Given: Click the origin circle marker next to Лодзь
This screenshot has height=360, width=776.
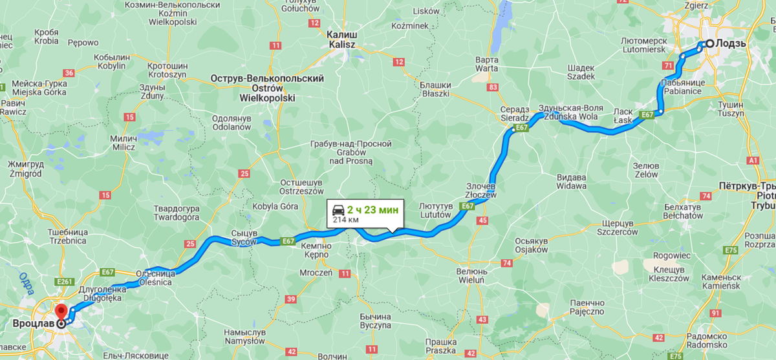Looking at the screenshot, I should pyautogui.click(x=701, y=44).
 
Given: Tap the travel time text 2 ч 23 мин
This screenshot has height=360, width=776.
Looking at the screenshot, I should pyautogui.click(x=373, y=209).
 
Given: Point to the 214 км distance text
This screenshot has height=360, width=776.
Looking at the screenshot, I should pyautogui.click(x=346, y=220).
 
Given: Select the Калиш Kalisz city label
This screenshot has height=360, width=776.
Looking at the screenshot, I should pyautogui.click(x=342, y=39).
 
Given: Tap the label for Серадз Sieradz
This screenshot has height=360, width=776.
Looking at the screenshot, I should pyautogui.click(x=515, y=114).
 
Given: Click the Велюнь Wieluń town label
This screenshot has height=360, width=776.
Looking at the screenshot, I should pyautogui.click(x=471, y=276).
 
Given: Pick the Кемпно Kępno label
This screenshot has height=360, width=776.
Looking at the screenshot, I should pyautogui.click(x=315, y=251).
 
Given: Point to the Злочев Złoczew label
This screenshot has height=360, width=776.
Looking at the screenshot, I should pyautogui.click(x=480, y=189).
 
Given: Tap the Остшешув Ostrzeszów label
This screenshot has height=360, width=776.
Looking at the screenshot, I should pyautogui.click(x=301, y=187).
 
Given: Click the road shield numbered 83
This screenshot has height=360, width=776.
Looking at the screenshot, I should pyautogui.click(x=494, y=87).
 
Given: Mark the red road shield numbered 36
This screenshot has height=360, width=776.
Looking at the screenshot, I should pyautogui.click(x=69, y=73).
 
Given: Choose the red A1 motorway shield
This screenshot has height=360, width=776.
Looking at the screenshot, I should pyautogui.click(x=752, y=160).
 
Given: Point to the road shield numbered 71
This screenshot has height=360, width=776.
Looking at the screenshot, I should pyautogui.click(x=668, y=65).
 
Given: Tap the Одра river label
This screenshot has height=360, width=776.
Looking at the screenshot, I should pyautogui.click(x=27, y=290).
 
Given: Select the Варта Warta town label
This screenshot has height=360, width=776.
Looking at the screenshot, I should pyautogui.click(x=486, y=63).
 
